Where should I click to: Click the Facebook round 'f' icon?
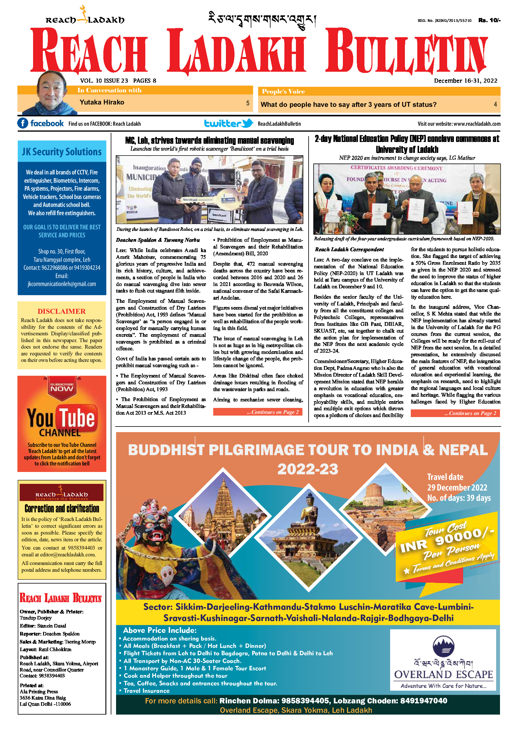click(23, 123)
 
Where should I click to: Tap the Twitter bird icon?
click(247, 123)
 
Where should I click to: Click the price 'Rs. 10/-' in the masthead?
click(489, 20)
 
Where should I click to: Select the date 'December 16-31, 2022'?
click(465, 81)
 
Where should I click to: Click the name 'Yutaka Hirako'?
click(102, 102)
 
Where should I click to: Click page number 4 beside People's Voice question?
click(495, 104)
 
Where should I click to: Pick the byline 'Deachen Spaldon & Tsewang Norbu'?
click(158, 240)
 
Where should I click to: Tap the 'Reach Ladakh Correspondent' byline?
click(349, 249)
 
